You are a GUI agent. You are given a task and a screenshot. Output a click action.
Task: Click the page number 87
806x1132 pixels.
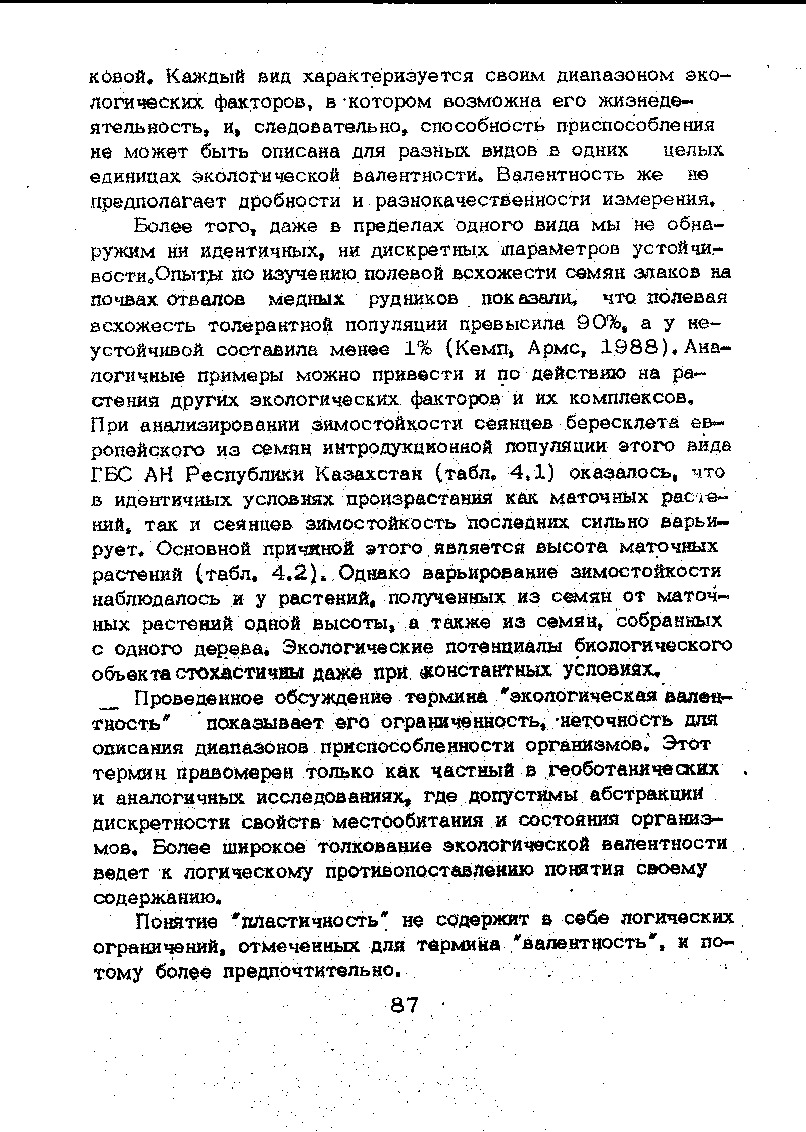point(405,1005)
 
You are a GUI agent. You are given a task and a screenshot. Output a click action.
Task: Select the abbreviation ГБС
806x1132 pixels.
point(113,474)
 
